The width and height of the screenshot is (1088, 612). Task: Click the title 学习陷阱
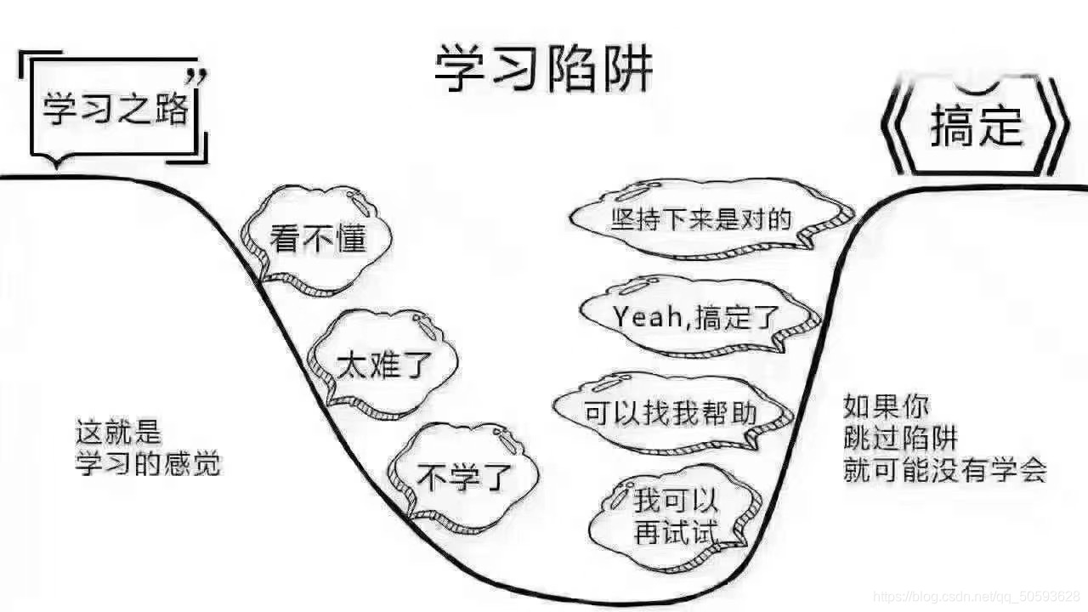(x=544, y=69)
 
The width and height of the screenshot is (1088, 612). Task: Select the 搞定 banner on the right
(x=976, y=127)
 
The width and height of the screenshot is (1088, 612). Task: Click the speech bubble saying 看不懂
(x=316, y=237)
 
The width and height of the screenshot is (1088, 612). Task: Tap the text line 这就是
(x=118, y=433)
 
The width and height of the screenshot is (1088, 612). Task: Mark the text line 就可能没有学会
(x=944, y=470)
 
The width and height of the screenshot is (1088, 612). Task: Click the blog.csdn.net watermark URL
(x=977, y=594)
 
